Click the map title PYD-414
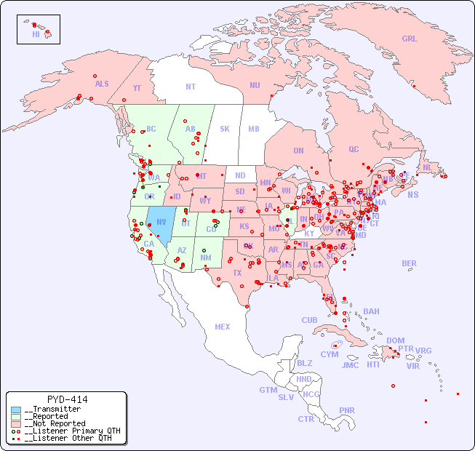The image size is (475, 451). click(67, 399)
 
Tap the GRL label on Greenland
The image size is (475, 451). click(410, 39)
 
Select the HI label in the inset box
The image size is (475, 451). click(36, 34)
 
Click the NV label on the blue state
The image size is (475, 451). click(161, 222)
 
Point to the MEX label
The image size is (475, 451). click(223, 327)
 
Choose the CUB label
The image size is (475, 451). click(309, 320)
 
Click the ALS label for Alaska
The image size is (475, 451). click(102, 84)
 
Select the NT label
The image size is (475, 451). click(190, 87)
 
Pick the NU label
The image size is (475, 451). click(255, 85)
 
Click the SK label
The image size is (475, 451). click(225, 129)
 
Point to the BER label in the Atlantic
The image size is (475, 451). click(409, 263)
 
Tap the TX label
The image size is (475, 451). click(237, 273)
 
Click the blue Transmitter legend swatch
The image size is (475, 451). click(16, 410)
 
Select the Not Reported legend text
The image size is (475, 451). click(55, 423)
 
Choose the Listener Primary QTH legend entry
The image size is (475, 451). click(65, 431)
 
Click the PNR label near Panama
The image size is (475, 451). click(347, 410)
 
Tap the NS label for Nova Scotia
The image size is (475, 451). click(413, 195)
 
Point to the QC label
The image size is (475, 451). click(354, 149)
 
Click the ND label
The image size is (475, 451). click(240, 175)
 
